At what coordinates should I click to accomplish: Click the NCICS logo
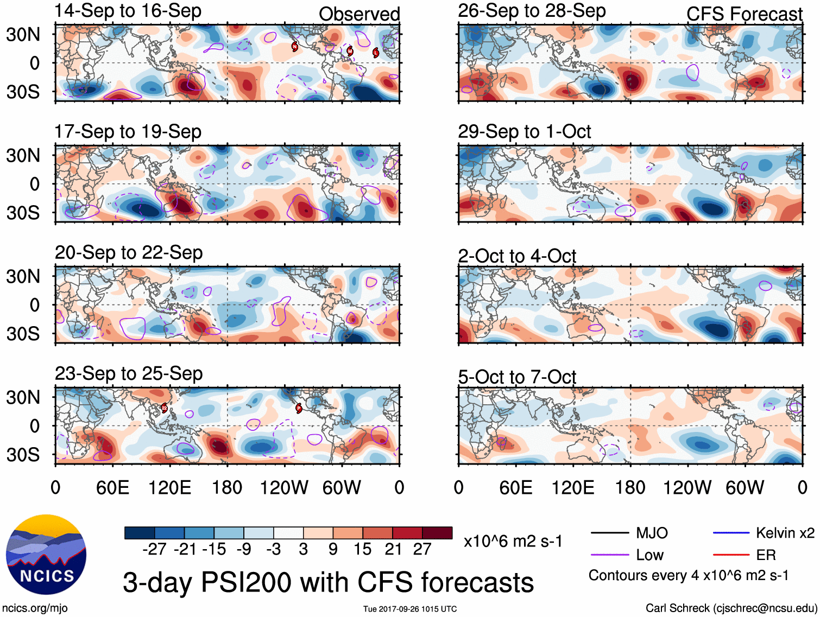[46, 555]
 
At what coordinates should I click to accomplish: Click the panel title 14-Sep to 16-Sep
[128, 11]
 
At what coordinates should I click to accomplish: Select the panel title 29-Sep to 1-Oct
[524, 132]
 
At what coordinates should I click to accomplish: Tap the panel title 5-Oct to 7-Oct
[516, 377]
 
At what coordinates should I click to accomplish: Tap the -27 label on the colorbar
[154, 549]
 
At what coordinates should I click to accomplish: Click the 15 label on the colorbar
[362, 549]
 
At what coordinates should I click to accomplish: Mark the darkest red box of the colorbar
[437, 533]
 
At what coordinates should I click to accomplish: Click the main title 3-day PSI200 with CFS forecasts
[328, 582]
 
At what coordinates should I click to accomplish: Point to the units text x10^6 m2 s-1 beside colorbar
[513, 541]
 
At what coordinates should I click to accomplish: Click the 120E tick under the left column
[169, 487]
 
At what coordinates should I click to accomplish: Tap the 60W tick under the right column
[745, 487]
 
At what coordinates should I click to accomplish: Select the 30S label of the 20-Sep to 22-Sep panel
[23, 334]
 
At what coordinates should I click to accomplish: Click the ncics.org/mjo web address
[35, 608]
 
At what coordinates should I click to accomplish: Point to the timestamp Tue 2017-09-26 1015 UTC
[410, 609]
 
